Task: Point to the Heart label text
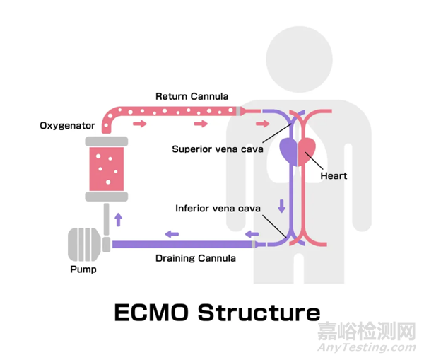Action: [x=333, y=175]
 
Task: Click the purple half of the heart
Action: [x=290, y=151]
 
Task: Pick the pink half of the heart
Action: [x=308, y=151]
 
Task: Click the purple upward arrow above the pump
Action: [x=118, y=219]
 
